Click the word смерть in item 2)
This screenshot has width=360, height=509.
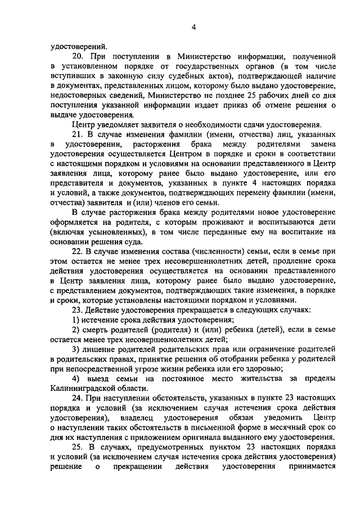tap(98, 328)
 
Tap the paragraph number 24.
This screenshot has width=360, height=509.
tap(78, 397)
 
